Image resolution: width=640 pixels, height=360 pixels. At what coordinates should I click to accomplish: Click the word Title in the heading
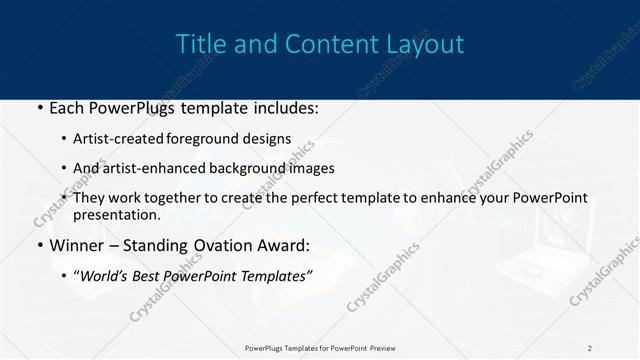(x=198, y=45)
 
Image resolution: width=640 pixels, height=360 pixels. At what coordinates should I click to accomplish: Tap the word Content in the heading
(x=323, y=45)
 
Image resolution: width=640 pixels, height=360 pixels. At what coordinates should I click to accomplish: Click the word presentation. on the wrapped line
(x=117, y=214)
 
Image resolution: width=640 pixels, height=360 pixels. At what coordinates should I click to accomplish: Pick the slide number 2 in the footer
(x=589, y=347)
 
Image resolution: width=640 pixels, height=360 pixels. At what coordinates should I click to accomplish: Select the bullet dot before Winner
(x=39, y=245)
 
